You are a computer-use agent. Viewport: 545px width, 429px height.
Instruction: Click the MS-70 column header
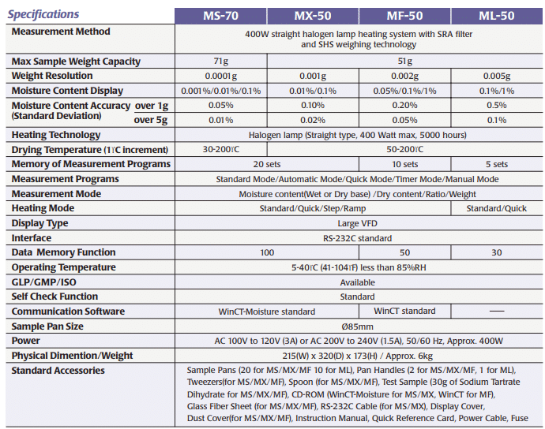click(220, 15)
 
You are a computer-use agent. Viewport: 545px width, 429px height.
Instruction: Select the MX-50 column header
click(313, 15)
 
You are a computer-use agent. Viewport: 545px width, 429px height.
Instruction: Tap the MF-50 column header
click(404, 15)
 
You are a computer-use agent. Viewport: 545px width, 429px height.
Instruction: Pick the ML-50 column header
click(497, 15)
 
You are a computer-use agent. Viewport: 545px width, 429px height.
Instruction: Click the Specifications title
click(43, 14)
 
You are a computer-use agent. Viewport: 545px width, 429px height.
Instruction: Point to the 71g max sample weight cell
click(220, 62)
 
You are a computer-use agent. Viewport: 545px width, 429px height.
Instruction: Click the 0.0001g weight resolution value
click(220, 76)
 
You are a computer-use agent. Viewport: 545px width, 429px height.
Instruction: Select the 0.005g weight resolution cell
click(497, 76)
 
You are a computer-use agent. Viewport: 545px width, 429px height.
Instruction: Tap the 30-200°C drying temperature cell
click(220, 149)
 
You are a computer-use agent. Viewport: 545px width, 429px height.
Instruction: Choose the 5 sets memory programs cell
click(497, 164)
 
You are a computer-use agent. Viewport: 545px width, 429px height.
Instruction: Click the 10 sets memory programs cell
click(404, 164)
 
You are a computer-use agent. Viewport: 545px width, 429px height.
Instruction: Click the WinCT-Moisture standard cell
click(267, 311)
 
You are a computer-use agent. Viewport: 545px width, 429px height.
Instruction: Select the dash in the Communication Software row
click(497, 311)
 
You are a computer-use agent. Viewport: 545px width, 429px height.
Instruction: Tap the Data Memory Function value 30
click(497, 252)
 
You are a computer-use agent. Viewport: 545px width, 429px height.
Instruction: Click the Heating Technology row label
click(56, 135)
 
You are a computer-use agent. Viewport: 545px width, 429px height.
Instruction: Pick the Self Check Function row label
click(54, 297)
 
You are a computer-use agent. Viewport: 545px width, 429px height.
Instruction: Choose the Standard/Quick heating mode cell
click(497, 208)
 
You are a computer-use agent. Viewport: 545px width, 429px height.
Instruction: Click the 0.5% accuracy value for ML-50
click(497, 106)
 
